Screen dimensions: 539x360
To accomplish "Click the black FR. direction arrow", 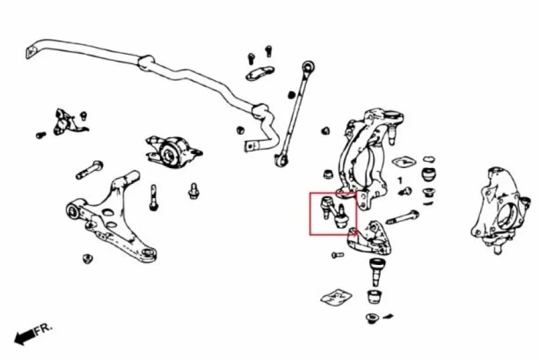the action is [x=25, y=336].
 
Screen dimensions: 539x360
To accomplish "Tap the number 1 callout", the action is [x=400, y=180].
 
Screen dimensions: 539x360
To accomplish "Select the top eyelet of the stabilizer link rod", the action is [x=308, y=66].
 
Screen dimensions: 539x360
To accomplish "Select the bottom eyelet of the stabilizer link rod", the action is [x=282, y=160].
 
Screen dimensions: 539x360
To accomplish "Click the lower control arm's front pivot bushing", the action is [x=74, y=210].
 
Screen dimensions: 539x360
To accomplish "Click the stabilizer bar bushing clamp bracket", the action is [x=260, y=73].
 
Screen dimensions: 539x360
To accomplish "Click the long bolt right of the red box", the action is [x=403, y=218].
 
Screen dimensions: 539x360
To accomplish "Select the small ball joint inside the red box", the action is [x=326, y=205].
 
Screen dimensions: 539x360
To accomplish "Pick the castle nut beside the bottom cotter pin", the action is [x=372, y=318].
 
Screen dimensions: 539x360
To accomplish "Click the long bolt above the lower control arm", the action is [x=90, y=170].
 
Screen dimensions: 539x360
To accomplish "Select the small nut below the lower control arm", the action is [x=88, y=259].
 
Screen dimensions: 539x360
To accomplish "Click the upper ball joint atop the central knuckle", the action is [x=392, y=126].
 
